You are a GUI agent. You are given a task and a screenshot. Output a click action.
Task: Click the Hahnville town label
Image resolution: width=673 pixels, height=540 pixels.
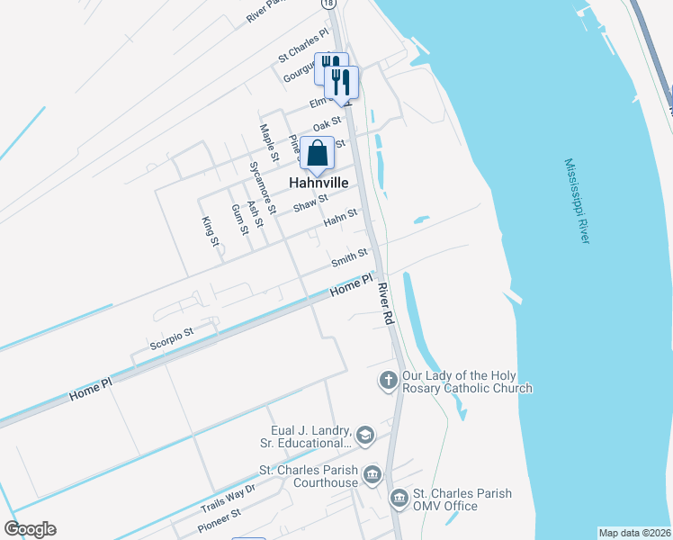point(318,183)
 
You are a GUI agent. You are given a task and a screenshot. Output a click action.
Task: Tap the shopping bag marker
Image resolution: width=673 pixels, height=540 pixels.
point(318,153)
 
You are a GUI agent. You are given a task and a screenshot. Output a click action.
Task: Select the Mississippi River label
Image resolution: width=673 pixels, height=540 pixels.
point(577,201)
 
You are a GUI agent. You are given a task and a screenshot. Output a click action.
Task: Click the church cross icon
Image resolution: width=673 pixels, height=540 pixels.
point(389,381)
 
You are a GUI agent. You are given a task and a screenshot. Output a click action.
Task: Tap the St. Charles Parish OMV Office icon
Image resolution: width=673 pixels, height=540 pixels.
point(399,498)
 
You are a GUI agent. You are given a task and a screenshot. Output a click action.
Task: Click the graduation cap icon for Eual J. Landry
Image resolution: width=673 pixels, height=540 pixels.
point(365,436)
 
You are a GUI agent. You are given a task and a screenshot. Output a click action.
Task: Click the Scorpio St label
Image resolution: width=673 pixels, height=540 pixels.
point(171,338)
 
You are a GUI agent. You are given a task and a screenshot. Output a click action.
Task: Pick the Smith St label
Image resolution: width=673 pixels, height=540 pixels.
point(349,258)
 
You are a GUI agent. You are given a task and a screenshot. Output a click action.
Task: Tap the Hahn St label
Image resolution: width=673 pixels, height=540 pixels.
point(341,218)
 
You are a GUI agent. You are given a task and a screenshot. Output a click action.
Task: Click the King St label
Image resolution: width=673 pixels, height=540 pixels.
point(210,230)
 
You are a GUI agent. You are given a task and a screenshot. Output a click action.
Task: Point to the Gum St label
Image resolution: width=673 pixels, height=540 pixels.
point(238,220)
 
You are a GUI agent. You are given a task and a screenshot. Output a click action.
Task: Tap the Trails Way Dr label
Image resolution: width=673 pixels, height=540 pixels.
point(229,496)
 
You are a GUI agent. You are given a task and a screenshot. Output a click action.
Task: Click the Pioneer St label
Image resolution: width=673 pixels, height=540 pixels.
point(219,519)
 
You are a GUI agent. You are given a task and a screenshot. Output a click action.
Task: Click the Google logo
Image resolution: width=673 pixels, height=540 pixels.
point(30,529)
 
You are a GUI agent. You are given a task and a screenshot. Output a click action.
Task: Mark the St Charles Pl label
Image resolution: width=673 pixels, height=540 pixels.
point(304,48)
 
